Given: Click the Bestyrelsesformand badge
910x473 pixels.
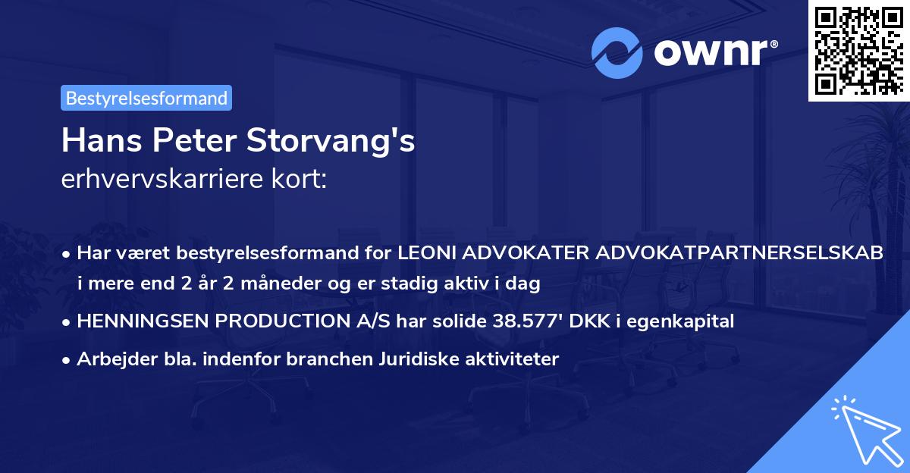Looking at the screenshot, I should tap(146, 98).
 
